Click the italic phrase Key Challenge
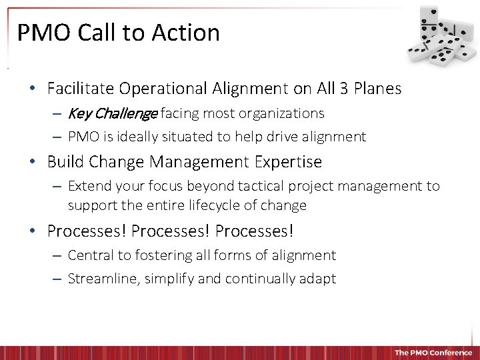pyautogui.click(x=112, y=113)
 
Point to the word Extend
pyautogui.click(x=89, y=186)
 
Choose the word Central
pyautogui.click(x=91, y=255)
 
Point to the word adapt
pyautogui.click(x=319, y=279)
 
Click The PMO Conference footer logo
pyautogui.click(x=433, y=352)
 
